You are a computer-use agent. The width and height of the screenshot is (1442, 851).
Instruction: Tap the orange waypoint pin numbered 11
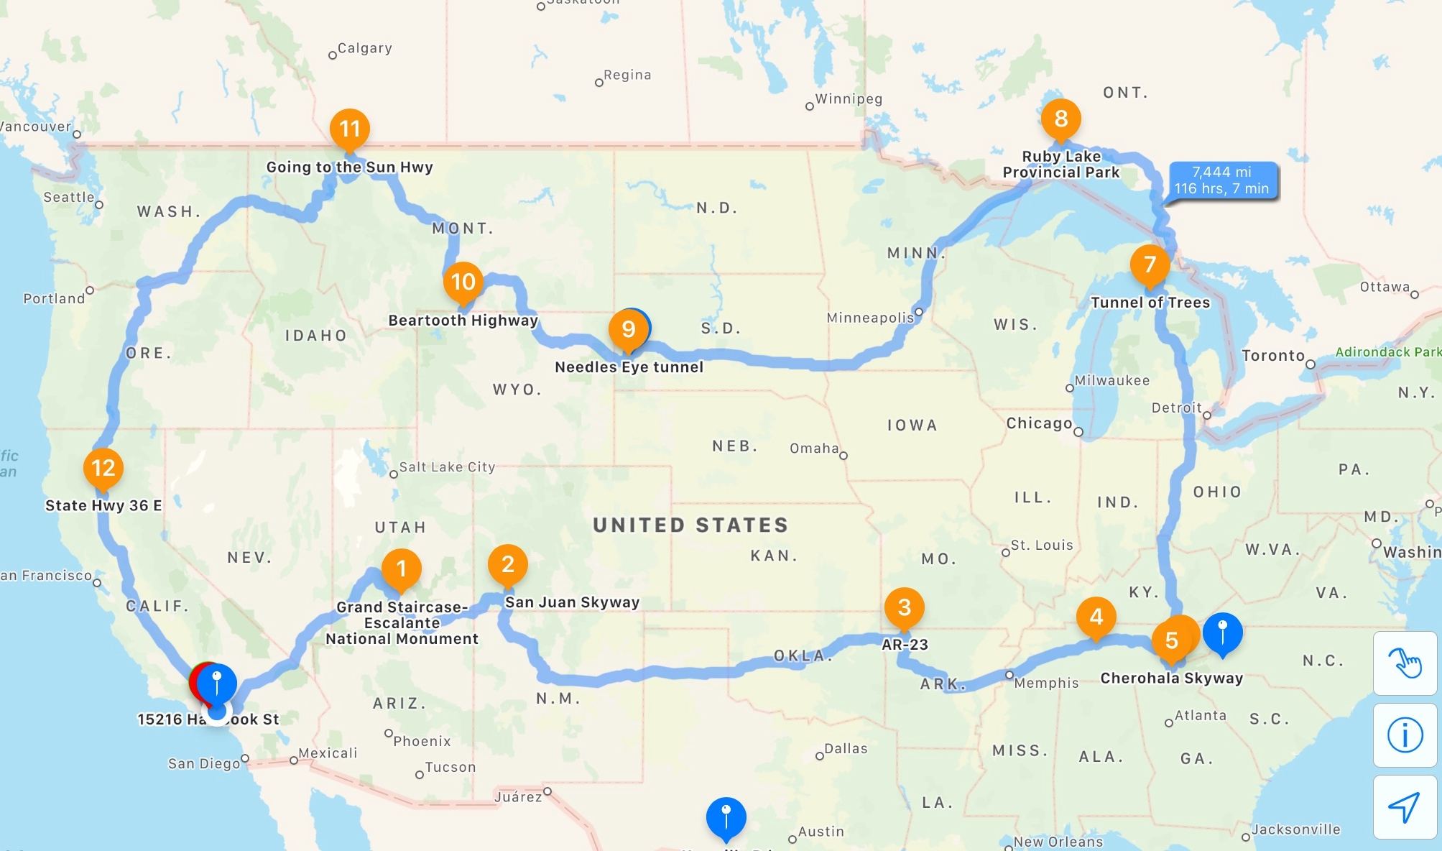[349, 129]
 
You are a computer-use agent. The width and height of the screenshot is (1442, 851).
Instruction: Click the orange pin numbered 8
[1060, 119]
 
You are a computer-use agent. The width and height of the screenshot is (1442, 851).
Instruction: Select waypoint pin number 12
[103, 468]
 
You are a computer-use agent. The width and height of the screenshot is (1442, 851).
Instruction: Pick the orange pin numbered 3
[904, 607]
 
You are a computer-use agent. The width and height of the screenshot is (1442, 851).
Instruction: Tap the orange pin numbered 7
[1150, 264]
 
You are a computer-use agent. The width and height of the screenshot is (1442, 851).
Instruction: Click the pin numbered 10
[463, 282]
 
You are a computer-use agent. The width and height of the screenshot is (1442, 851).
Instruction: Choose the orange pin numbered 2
[507, 565]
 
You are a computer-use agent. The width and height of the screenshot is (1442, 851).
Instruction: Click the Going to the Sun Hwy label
[349, 167]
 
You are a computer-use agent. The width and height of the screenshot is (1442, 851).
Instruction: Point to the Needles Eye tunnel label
[629, 367]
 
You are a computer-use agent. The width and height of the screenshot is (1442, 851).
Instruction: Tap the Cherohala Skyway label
[1171, 678]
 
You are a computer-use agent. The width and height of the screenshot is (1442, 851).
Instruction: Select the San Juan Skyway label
[572, 602]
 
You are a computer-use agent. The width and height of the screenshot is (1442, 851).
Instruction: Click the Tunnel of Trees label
[1150, 303]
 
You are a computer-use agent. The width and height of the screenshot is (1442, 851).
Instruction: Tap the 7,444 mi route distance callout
[1222, 180]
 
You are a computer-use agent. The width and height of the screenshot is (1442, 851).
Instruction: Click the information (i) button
[1405, 735]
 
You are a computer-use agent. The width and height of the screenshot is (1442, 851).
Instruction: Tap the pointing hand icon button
[1405, 663]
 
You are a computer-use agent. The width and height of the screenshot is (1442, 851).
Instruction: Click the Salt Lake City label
[447, 467]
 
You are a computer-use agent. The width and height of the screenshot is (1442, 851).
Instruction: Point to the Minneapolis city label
[870, 318]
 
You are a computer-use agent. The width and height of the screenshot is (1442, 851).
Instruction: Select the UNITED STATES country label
[690, 525]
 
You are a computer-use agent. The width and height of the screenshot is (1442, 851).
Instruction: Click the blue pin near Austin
[726, 816]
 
